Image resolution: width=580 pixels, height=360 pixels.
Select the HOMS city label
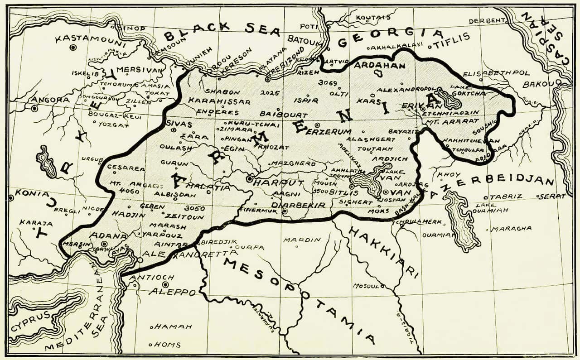pos(168,345)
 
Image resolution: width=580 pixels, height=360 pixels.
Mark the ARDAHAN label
pos(372,66)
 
